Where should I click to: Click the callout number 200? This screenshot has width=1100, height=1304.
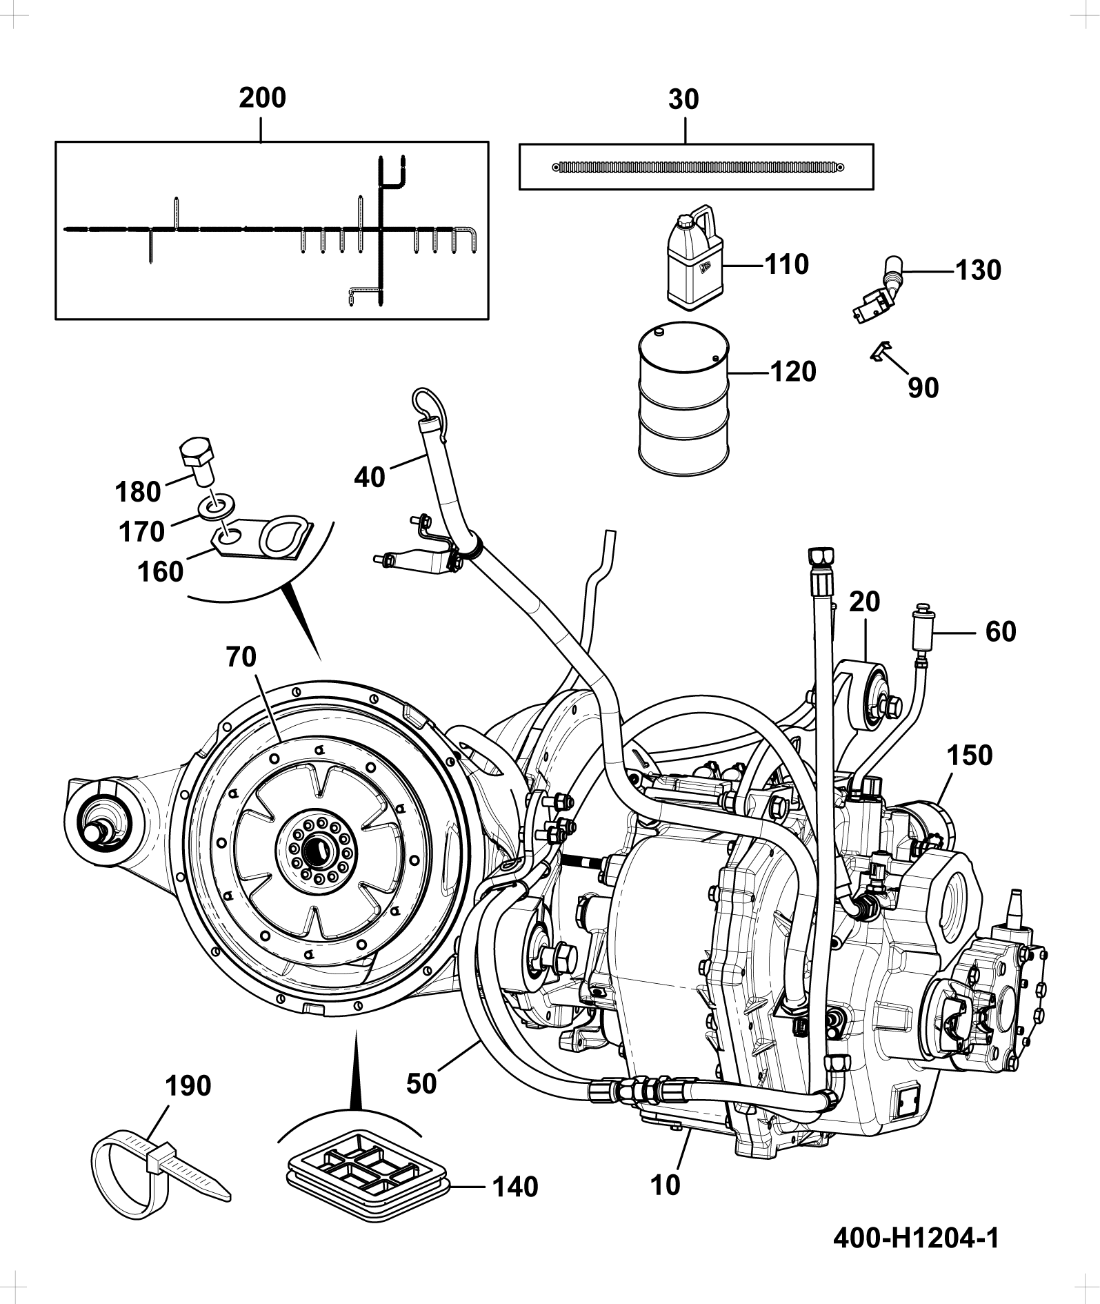[x=262, y=98]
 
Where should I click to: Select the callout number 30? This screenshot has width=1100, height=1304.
[x=683, y=100]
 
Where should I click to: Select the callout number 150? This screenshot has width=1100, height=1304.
[x=968, y=755]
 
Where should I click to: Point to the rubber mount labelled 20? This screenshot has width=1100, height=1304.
[x=868, y=693]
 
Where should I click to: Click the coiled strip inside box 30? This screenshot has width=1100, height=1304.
[x=699, y=167]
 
